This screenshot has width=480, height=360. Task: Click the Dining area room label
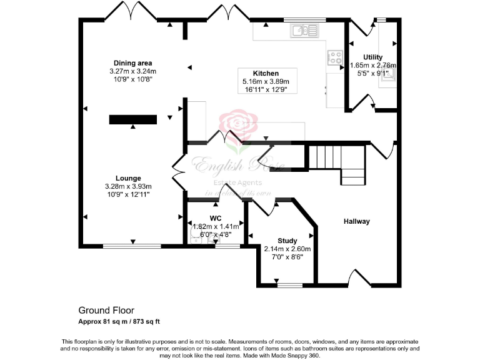(x=132, y=62)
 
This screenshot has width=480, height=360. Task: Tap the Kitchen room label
(x=266, y=73)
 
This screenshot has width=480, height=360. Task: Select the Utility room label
(x=372, y=57)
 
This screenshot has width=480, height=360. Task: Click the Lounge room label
(x=127, y=178)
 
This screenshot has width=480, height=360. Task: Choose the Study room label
(x=287, y=241)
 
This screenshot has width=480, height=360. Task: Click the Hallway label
(x=356, y=221)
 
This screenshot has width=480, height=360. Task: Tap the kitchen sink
(x=305, y=29)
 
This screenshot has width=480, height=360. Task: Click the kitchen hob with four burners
(x=335, y=58)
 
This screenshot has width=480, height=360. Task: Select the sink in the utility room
(x=389, y=76)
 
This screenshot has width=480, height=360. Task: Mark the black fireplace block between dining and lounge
(x=133, y=119)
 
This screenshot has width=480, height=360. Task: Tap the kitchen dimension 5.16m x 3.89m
(x=266, y=81)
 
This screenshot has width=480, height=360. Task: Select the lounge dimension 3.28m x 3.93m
(x=127, y=186)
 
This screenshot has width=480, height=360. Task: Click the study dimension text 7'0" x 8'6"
(x=287, y=256)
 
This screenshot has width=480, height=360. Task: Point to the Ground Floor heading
(x=106, y=310)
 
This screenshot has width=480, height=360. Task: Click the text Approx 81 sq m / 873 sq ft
(x=119, y=321)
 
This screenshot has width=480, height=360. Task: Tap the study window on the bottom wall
(x=289, y=286)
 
